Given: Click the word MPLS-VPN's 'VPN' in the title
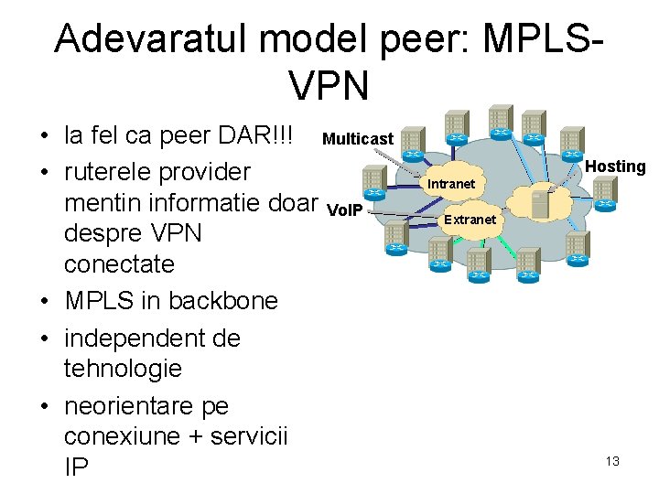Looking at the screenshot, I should pyautogui.click(x=329, y=85).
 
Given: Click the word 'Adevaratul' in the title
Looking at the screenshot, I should pyautogui.click(x=150, y=39).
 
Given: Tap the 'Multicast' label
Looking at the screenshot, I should pyautogui.click(x=358, y=139).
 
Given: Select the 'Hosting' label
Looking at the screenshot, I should pyautogui.click(x=615, y=166).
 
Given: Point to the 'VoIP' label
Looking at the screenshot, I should pyautogui.click(x=345, y=210).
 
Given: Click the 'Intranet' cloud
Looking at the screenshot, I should pyautogui.click(x=451, y=184).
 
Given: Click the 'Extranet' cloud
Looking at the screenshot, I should pyautogui.click(x=470, y=220).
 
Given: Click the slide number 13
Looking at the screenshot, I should pyautogui.click(x=612, y=461).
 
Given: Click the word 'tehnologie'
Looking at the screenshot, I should pyautogui.click(x=123, y=369).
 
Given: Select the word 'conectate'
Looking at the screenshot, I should pyautogui.click(x=119, y=264).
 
